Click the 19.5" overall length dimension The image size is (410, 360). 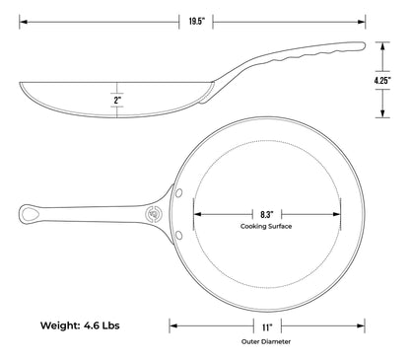(x=196, y=22)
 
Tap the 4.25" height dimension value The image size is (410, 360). (x=382, y=81)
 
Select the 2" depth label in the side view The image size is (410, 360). (x=117, y=100)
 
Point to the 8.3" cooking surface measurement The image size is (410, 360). (x=267, y=215)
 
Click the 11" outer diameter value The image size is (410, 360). (x=267, y=327)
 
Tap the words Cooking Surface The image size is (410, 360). (x=266, y=226)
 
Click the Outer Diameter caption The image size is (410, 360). (x=266, y=341)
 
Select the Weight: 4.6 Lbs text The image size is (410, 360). (x=80, y=325)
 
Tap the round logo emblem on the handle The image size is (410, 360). (x=153, y=214)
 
